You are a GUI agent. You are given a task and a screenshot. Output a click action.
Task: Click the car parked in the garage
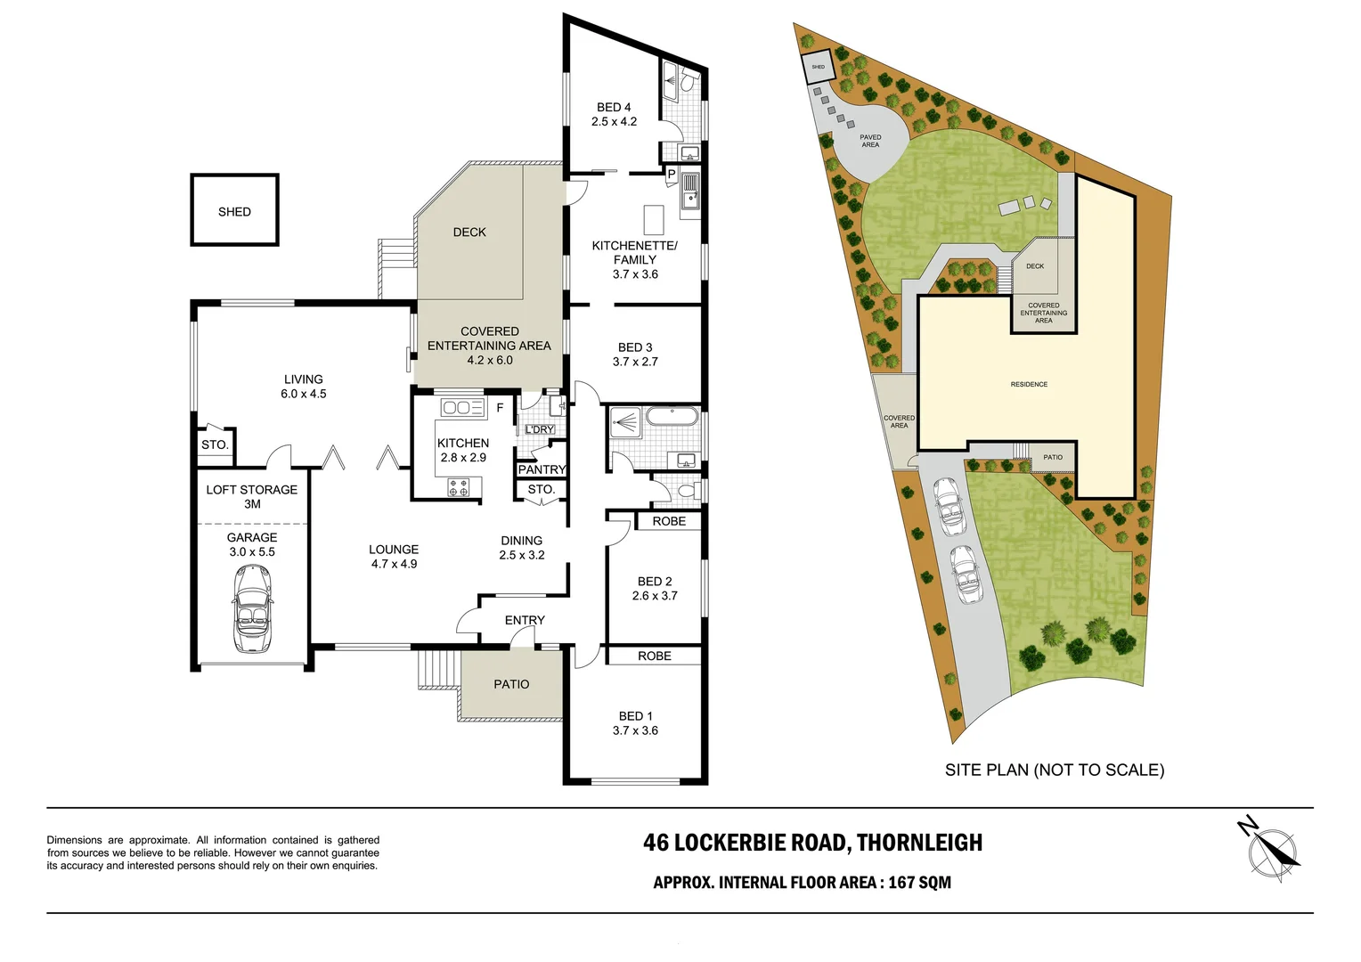252,609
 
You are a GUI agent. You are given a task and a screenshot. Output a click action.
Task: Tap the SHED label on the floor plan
234,211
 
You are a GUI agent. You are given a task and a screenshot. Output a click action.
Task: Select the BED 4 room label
614,107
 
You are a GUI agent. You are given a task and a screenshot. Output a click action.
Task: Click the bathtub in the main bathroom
672,417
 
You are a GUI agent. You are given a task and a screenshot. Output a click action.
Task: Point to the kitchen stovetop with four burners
458,486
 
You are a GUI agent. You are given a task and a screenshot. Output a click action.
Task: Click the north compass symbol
1269,851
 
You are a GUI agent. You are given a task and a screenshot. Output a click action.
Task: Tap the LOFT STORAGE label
251,490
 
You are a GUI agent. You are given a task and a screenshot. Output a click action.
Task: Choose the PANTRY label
542,469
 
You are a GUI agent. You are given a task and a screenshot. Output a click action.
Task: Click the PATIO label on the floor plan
511,684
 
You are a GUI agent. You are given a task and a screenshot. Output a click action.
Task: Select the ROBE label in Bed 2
669,521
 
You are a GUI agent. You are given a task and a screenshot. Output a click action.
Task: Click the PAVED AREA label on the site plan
870,141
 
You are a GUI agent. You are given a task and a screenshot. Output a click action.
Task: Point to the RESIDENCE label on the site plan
1029,384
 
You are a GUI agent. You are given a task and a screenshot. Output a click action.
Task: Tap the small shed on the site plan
819,67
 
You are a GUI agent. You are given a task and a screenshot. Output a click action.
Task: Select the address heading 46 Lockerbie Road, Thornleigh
812,843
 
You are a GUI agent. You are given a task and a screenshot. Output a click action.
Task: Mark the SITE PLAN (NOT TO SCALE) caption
1055,770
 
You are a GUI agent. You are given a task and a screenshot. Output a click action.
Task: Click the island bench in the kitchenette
654,219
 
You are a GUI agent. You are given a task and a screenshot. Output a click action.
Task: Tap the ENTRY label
525,620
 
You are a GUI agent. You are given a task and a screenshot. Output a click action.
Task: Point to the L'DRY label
539,429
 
